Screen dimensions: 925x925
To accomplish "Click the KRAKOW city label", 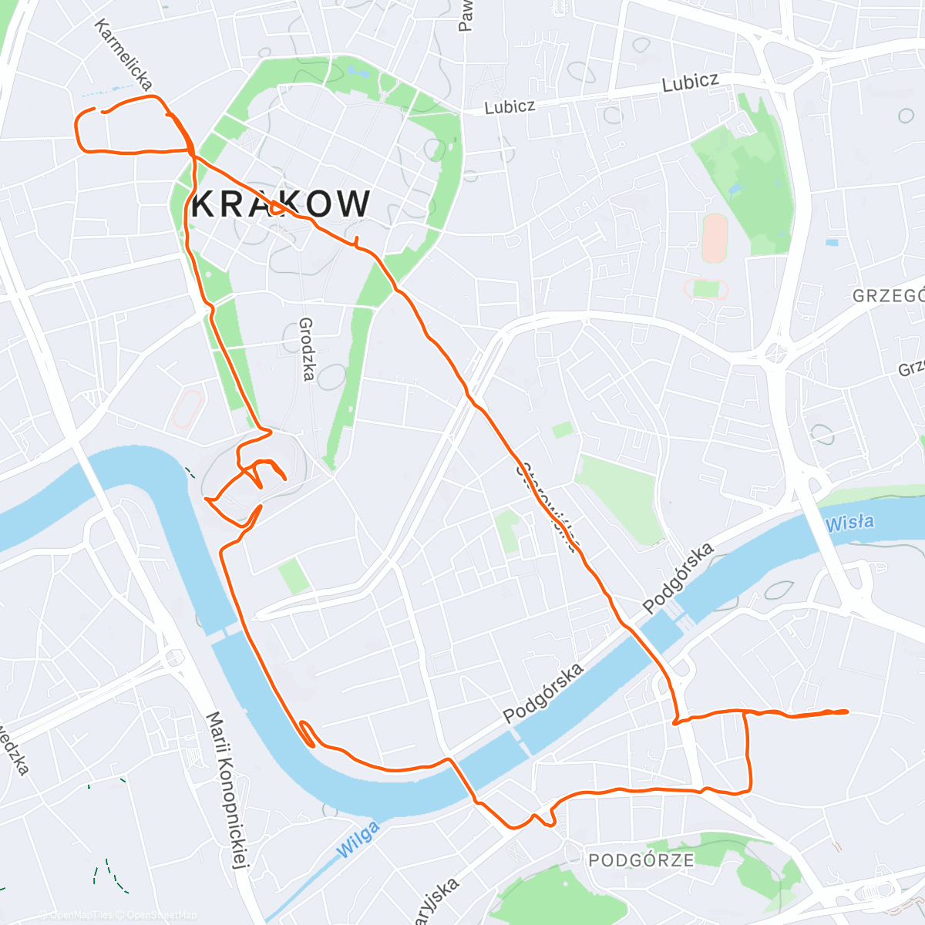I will (281, 204).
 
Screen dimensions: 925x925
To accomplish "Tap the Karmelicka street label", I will (123, 54).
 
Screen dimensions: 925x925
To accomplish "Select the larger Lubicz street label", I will (690, 82).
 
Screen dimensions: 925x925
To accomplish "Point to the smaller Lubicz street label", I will (510, 106).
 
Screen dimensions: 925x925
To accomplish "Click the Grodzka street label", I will (307, 349).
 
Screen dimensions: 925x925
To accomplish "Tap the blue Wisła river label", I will (849, 523).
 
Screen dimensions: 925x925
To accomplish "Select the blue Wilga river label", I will (358, 839).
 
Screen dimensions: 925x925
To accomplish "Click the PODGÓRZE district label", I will (641, 860).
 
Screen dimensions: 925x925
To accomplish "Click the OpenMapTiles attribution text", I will (75, 915).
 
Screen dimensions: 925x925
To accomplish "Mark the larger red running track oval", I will (715, 238).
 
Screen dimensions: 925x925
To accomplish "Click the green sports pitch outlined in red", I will (705, 289).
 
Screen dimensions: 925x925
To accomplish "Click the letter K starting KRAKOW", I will (204, 204).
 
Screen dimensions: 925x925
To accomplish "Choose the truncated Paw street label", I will (465, 15).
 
